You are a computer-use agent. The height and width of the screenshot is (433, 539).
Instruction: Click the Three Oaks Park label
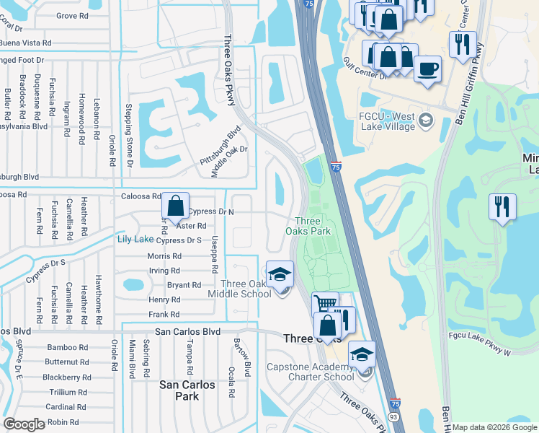click(x=312, y=226)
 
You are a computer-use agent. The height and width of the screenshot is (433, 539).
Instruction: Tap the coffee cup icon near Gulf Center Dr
click(x=428, y=69)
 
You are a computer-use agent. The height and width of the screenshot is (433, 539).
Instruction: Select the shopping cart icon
click(x=325, y=305)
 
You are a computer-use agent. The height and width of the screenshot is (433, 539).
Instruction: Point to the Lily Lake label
click(x=135, y=239)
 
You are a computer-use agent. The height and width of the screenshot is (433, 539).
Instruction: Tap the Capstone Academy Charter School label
click(x=311, y=371)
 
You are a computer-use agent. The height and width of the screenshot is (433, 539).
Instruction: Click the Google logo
click(x=24, y=424)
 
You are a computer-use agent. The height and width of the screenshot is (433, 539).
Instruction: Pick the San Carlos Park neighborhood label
click(x=187, y=390)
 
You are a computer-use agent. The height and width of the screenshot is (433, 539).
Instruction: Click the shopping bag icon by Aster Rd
click(x=175, y=206)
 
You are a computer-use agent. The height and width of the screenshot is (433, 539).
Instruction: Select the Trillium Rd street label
click(x=68, y=392)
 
